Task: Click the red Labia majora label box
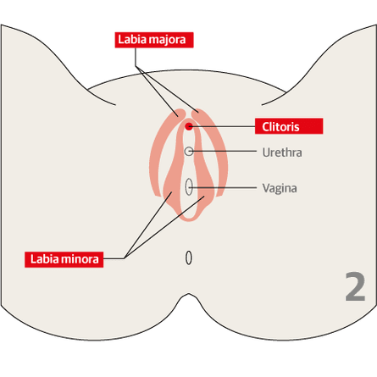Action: pos(154,40)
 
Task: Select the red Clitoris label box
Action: pos(289,126)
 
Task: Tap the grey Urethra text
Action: pos(282,152)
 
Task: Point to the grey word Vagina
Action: pos(280,188)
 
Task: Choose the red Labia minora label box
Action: pos(64,259)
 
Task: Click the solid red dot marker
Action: pos(189,126)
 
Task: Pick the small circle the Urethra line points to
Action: pos(189,152)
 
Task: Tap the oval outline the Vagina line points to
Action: pos(189,186)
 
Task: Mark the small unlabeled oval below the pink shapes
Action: pos(189,258)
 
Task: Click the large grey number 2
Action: pos(355,287)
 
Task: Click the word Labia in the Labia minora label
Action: pos(44,259)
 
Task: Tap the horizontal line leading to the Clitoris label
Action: pos(222,126)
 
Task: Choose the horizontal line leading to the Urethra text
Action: pos(223,152)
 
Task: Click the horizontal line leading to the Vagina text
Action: pos(223,187)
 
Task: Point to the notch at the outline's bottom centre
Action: pos(189,295)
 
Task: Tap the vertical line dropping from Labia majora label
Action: pos(136,58)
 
